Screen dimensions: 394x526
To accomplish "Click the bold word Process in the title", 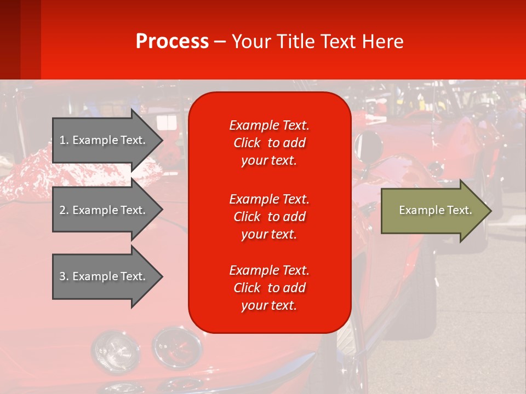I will point(172,42).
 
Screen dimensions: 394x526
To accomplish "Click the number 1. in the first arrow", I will point(64,140).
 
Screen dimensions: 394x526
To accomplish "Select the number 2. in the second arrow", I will point(64,210).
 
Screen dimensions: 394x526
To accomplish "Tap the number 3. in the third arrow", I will point(64,276).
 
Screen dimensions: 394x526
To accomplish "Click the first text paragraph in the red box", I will point(269,143).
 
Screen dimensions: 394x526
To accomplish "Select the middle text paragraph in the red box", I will point(269,217).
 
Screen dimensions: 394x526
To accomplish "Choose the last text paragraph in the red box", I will point(269,288).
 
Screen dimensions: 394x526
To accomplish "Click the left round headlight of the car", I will point(108,349).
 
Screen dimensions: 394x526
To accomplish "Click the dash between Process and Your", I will point(220,42).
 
